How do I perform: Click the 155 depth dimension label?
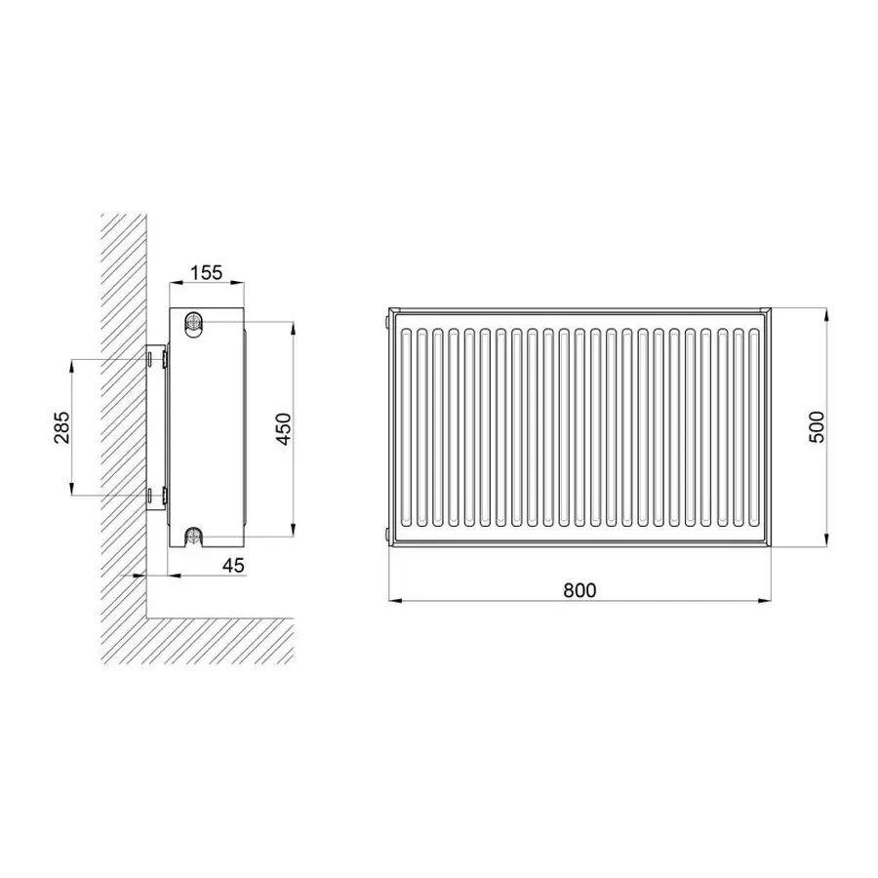207,273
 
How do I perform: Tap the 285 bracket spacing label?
62,427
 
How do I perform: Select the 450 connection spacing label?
285,429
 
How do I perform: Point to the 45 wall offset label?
233,566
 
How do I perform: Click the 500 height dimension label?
818,426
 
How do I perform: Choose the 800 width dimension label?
579,590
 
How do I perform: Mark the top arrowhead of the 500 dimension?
827,315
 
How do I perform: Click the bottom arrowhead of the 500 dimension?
827,539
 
